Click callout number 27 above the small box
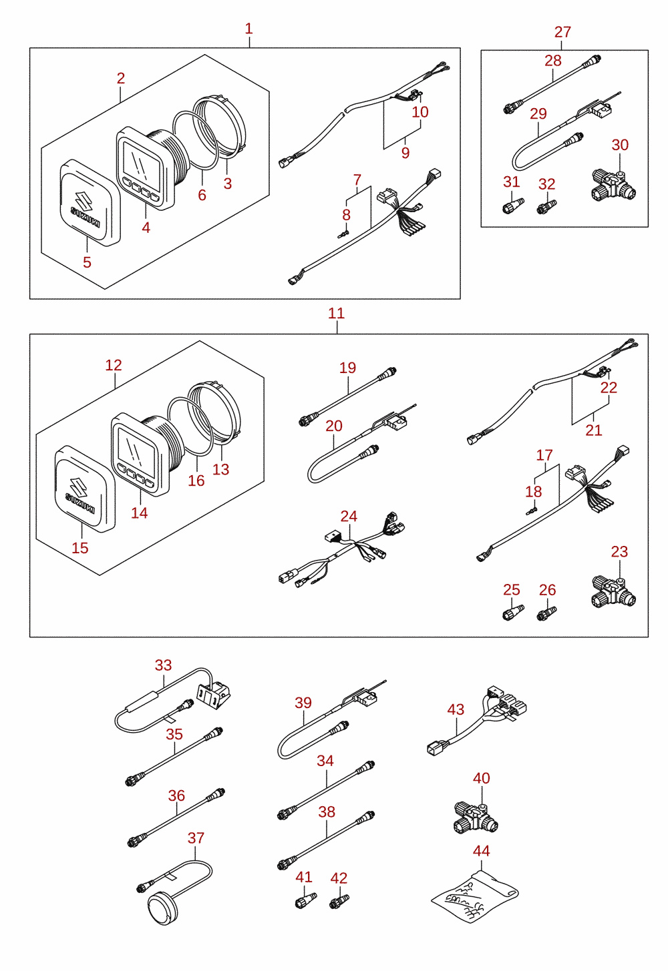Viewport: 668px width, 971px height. click(562, 32)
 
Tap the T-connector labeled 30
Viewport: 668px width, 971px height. click(613, 185)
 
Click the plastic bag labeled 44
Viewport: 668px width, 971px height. click(475, 896)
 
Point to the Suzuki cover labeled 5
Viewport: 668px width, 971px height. click(90, 203)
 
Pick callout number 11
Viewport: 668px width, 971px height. click(336, 313)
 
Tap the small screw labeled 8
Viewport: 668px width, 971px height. click(343, 235)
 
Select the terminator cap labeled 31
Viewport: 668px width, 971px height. click(513, 206)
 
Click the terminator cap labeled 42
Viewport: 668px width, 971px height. click(339, 902)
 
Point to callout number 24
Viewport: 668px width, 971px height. click(349, 517)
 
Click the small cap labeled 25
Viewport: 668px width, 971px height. click(513, 613)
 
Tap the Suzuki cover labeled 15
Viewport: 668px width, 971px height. click(85, 489)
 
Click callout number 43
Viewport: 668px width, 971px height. click(456, 709)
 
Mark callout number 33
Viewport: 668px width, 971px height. click(163, 665)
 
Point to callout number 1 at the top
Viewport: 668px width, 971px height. click(248, 29)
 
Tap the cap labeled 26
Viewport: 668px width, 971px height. click(547, 613)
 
